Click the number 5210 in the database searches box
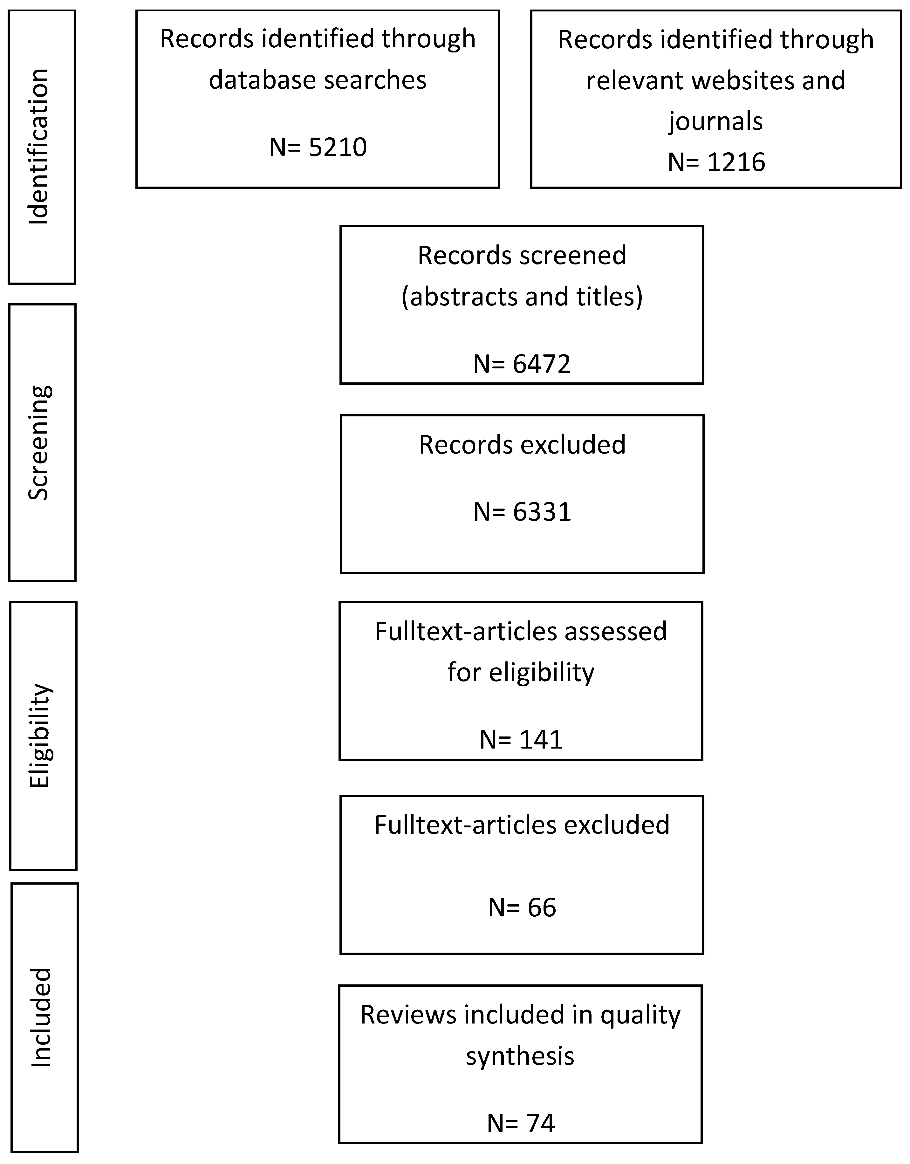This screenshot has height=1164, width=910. point(338,147)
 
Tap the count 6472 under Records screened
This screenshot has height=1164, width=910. point(542,364)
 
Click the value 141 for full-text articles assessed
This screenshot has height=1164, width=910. point(541,740)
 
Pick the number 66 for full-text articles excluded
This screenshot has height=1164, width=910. point(542,907)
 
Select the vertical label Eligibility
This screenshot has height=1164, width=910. point(40,736)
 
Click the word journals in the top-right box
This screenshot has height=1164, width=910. point(716,121)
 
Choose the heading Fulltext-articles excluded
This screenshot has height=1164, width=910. point(522,825)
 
